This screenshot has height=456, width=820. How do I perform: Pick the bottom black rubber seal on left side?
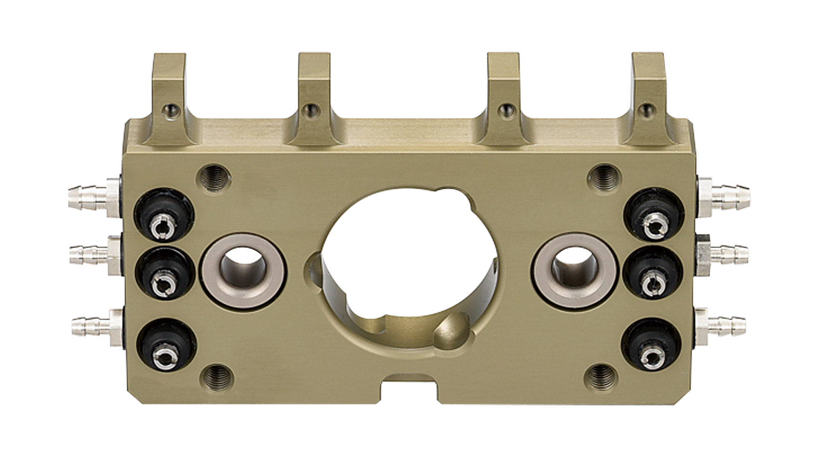pyautogui.click(x=166, y=347)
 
